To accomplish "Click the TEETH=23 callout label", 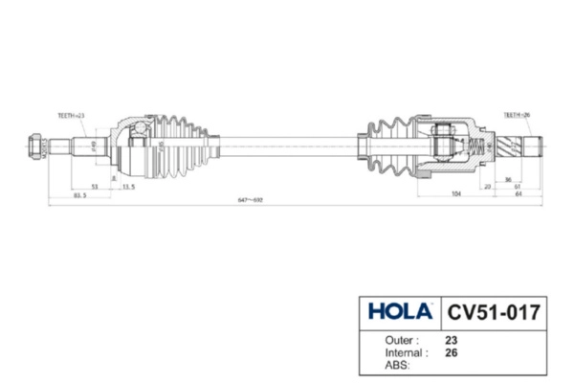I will point(71,115).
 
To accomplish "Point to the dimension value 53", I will point(95,187).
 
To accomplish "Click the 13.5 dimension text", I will point(127,187).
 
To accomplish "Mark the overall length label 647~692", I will point(250,201).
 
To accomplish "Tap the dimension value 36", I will point(507,179).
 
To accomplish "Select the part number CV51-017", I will point(494,313).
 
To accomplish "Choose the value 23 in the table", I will point(452,340).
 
